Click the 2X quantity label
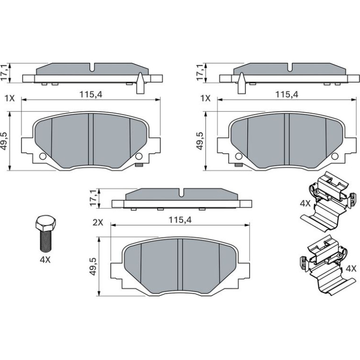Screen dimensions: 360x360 98,223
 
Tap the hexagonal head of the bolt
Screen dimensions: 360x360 46,223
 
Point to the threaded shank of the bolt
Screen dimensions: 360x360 46,240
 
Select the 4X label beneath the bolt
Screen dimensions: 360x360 45,259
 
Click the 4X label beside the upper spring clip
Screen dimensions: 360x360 305,203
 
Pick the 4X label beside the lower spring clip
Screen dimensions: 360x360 351,268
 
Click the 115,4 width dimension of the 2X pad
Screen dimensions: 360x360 180,220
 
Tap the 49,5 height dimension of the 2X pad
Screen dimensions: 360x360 93,266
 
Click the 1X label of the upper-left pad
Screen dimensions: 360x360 10,99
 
